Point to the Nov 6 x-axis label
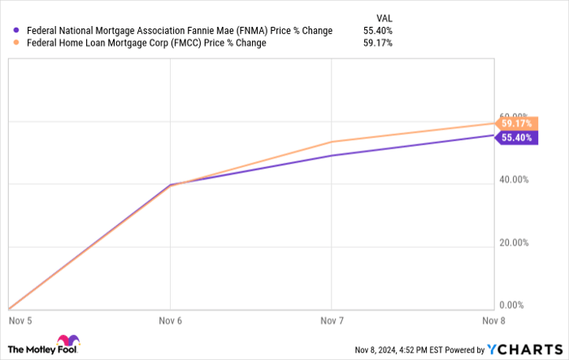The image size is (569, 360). click(x=170, y=321)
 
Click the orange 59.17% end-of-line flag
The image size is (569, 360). click(x=516, y=124)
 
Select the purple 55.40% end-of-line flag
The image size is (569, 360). click(x=516, y=138)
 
